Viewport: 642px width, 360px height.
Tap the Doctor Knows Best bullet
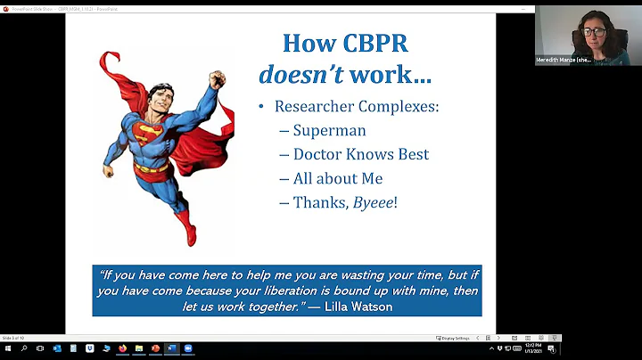pyautogui.click(x=361, y=154)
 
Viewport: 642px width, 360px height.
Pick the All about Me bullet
pyautogui.click(x=338, y=178)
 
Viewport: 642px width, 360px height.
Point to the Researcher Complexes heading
pyautogui.click(x=357, y=107)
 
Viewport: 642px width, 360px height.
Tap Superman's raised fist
pyautogui.click(x=217, y=79)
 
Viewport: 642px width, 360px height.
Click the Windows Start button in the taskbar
pyautogui.click(x=7, y=348)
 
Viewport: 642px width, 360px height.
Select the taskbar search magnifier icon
pyautogui.click(x=24, y=348)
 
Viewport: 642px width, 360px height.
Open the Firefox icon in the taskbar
pyautogui.click(x=122, y=348)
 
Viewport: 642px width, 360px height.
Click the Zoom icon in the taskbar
pyautogui.click(x=188, y=348)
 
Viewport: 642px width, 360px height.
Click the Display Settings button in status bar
pyautogui.click(x=453, y=338)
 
